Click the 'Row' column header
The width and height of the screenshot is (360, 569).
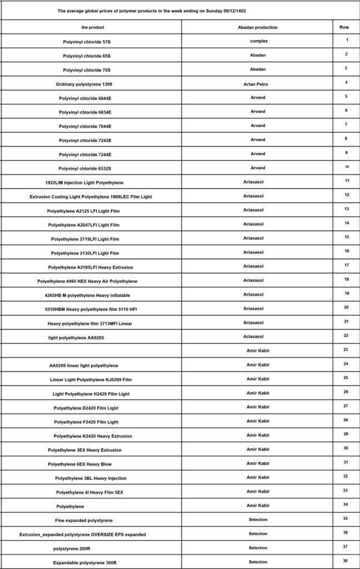point(344,27)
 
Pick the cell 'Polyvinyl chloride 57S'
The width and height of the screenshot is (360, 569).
point(91,42)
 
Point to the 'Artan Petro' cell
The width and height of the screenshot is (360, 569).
point(257,83)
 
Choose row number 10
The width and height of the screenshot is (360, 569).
point(346,167)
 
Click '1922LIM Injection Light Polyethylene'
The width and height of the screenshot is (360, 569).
point(84,183)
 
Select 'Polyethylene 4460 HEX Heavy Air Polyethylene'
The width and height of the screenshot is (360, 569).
point(87,282)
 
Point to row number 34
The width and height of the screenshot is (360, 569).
point(346,505)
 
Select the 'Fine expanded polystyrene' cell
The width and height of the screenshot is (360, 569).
point(84,521)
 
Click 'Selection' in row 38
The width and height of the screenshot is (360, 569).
point(258,562)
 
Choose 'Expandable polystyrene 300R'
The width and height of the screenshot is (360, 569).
point(84,563)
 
